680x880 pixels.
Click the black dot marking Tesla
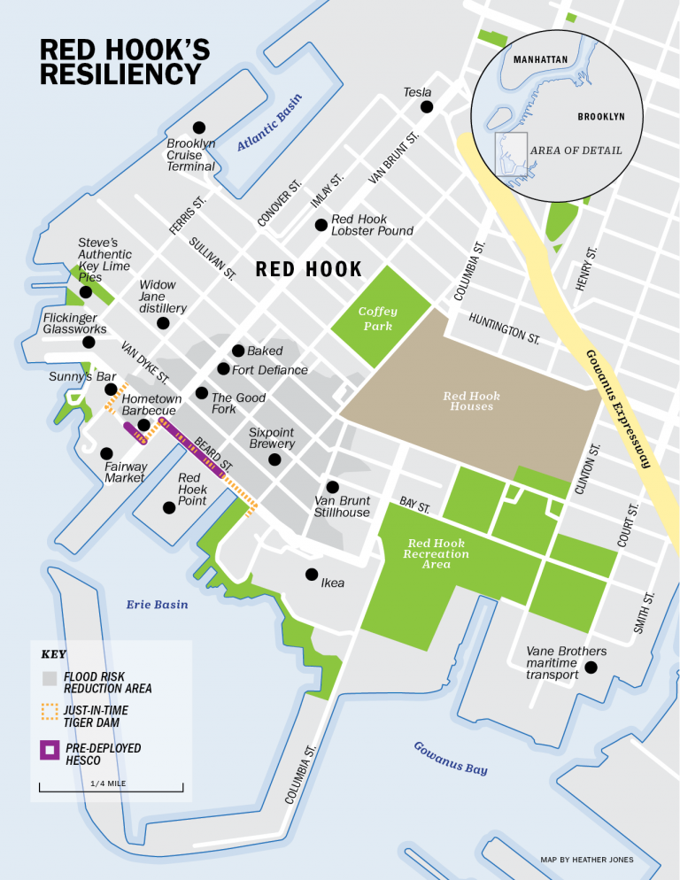pos(427,107)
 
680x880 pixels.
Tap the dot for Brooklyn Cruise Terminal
pos(199,127)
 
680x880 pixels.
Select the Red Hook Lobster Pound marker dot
pos(321,225)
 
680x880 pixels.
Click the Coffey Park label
pos(377,319)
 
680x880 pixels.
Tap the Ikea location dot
pos(311,574)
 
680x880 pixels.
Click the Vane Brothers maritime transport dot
pos(591,668)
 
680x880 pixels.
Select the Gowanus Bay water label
pos(451,759)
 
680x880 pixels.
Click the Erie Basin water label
pos(157,605)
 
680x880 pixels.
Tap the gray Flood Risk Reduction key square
pos(50,679)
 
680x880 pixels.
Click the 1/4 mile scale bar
pos(112,786)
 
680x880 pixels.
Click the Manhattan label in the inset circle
pos(540,59)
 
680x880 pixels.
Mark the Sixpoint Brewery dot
pos(274,459)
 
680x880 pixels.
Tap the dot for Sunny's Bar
pos(111,390)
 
